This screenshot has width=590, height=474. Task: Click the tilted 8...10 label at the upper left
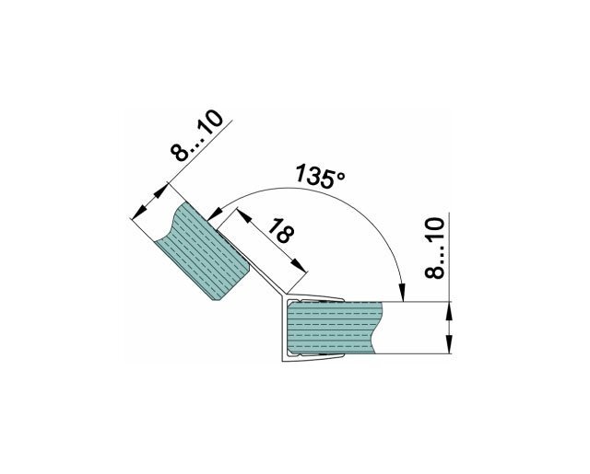pyautogui.click(x=196, y=135)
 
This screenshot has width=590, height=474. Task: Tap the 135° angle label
pyautogui.click(x=320, y=176)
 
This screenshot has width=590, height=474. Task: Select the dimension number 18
pyautogui.click(x=281, y=230)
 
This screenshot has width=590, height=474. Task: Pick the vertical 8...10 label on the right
pyautogui.click(x=434, y=248)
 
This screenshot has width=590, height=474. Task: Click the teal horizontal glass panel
pyautogui.click(x=334, y=328)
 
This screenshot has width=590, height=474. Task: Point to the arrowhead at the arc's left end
pyautogui.click(x=214, y=214)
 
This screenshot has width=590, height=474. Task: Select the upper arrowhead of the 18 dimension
pyautogui.click(x=243, y=216)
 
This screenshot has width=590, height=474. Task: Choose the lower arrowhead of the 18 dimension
pyautogui.click(x=299, y=264)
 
